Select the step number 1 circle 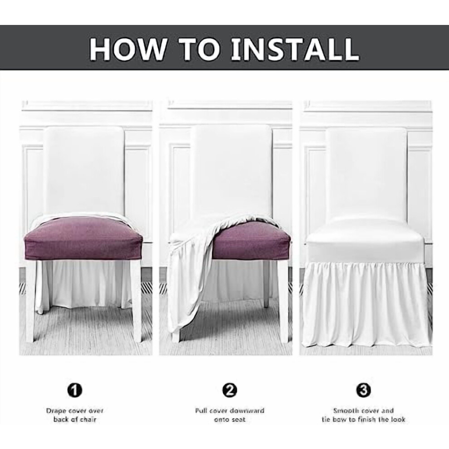[75, 390]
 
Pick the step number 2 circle [229, 390]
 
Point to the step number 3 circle [363, 390]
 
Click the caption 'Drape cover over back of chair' [75, 415]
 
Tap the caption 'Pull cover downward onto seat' [229, 415]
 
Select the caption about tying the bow [363, 415]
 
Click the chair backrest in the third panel [366, 175]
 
